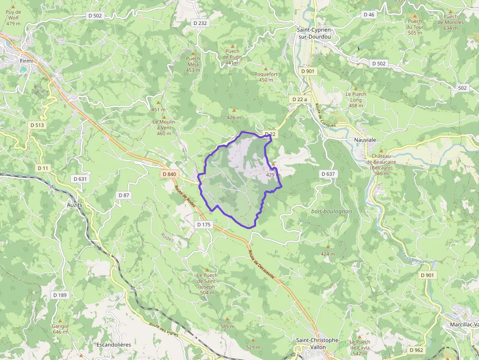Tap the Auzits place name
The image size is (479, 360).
click(x=74, y=205)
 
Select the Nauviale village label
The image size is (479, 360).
click(x=365, y=140)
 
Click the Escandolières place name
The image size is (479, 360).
click(x=114, y=344)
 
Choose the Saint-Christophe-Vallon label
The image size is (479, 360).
click(x=318, y=343)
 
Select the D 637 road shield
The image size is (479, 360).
click(x=328, y=174)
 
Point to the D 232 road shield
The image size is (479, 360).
click(x=200, y=23)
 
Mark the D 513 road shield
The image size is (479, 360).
click(x=37, y=125)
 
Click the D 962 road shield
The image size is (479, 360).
click(x=416, y=350)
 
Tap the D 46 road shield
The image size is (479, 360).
click(x=369, y=15)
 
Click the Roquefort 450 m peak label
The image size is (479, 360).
click(x=266, y=77)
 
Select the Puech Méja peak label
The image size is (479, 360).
click(x=193, y=64)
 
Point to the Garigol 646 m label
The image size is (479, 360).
click(x=60, y=329)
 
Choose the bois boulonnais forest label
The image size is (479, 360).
click(x=331, y=211)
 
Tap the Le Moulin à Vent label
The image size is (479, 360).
click(x=164, y=127)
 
